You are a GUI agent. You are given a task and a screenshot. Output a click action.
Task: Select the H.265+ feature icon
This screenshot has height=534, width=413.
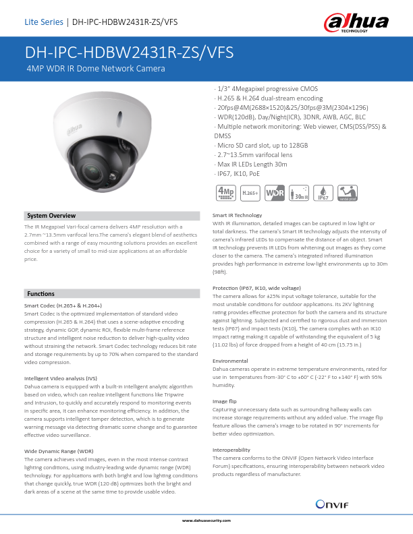point(250,193)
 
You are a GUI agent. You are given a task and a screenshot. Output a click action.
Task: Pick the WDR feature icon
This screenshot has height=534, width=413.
point(274,193)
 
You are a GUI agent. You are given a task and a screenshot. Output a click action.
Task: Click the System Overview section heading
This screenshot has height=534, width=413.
point(51,216)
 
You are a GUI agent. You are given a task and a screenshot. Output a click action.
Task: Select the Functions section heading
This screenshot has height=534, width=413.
point(40,295)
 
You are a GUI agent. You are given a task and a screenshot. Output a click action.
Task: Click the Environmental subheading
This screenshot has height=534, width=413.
point(231,361)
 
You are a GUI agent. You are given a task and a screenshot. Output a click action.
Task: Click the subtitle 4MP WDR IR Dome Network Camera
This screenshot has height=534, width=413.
point(96,69)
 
